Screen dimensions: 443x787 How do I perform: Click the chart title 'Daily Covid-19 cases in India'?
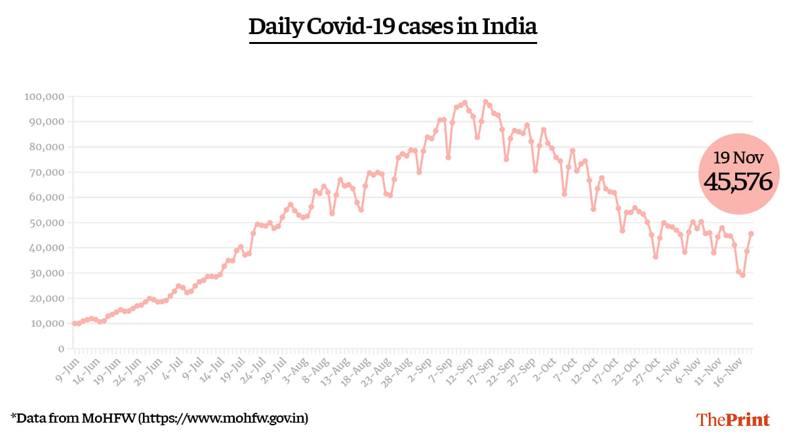[x=393, y=27]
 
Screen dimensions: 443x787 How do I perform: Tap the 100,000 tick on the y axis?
[x=44, y=97]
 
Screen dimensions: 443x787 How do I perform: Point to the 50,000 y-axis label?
[x=47, y=223]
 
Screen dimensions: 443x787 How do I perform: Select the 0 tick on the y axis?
[x=60, y=349]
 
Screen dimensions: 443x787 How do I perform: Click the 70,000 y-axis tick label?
[x=47, y=173]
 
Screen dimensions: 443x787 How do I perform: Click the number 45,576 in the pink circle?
[x=737, y=181]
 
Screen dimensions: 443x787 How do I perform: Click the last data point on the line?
[x=751, y=234]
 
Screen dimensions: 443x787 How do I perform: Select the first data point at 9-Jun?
[x=74, y=324]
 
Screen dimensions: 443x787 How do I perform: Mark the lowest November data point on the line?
[x=742, y=275]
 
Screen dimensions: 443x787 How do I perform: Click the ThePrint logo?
[x=733, y=419]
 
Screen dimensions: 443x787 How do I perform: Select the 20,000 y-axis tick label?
[x=47, y=299]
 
